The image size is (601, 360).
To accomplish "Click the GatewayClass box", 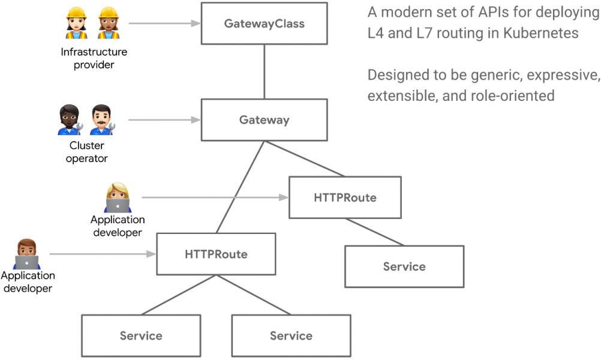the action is click(x=264, y=23).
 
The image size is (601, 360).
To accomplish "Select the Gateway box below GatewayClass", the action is click(x=264, y=120).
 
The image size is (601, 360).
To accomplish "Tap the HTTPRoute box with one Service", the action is click(x=345, y=197).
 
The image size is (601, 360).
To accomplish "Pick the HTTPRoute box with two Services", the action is click(x=216, y=254).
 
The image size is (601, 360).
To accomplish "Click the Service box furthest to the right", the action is click(x=404, y=266).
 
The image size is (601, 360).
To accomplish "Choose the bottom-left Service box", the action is click(x=141, y=336).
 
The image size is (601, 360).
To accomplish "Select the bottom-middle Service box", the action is click(x=292, y=336).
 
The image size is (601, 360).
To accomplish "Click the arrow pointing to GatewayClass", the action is click(x=164, y=23).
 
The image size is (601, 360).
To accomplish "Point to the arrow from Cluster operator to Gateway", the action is click(x=164, y=120).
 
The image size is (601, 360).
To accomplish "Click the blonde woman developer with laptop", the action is click(x=118, y=197).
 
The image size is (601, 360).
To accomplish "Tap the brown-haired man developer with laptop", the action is click(x=27, y=254).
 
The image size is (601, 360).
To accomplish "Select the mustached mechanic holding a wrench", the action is click(x=103, y=119).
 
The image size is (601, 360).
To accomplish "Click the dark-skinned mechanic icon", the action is click(x=70, y=119).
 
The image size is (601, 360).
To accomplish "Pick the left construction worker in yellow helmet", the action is click(x=77, y=23).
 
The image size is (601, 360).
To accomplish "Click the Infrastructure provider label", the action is click(x=94, y=58).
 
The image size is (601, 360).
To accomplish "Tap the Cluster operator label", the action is click(x=86, y=152).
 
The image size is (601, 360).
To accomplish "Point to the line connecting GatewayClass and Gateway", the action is click(x=264, y=71).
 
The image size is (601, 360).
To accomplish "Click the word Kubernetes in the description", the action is click(x=541, y=33).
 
